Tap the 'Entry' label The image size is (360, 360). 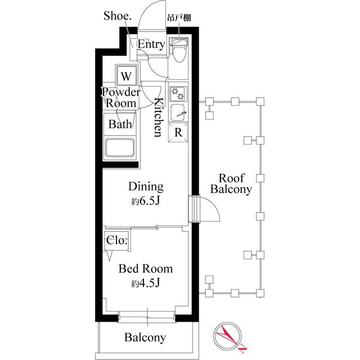click(151, 45)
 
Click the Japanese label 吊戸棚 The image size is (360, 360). click(179, 18)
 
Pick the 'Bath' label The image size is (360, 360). click(120, 124)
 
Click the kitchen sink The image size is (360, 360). click(179, 111)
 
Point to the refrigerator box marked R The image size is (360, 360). click(178, 133)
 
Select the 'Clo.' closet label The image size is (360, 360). click(116, 241)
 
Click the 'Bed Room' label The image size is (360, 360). click(145, 269)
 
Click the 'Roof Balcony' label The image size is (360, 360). click(231, 183)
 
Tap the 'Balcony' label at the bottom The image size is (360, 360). click(145, 337)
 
